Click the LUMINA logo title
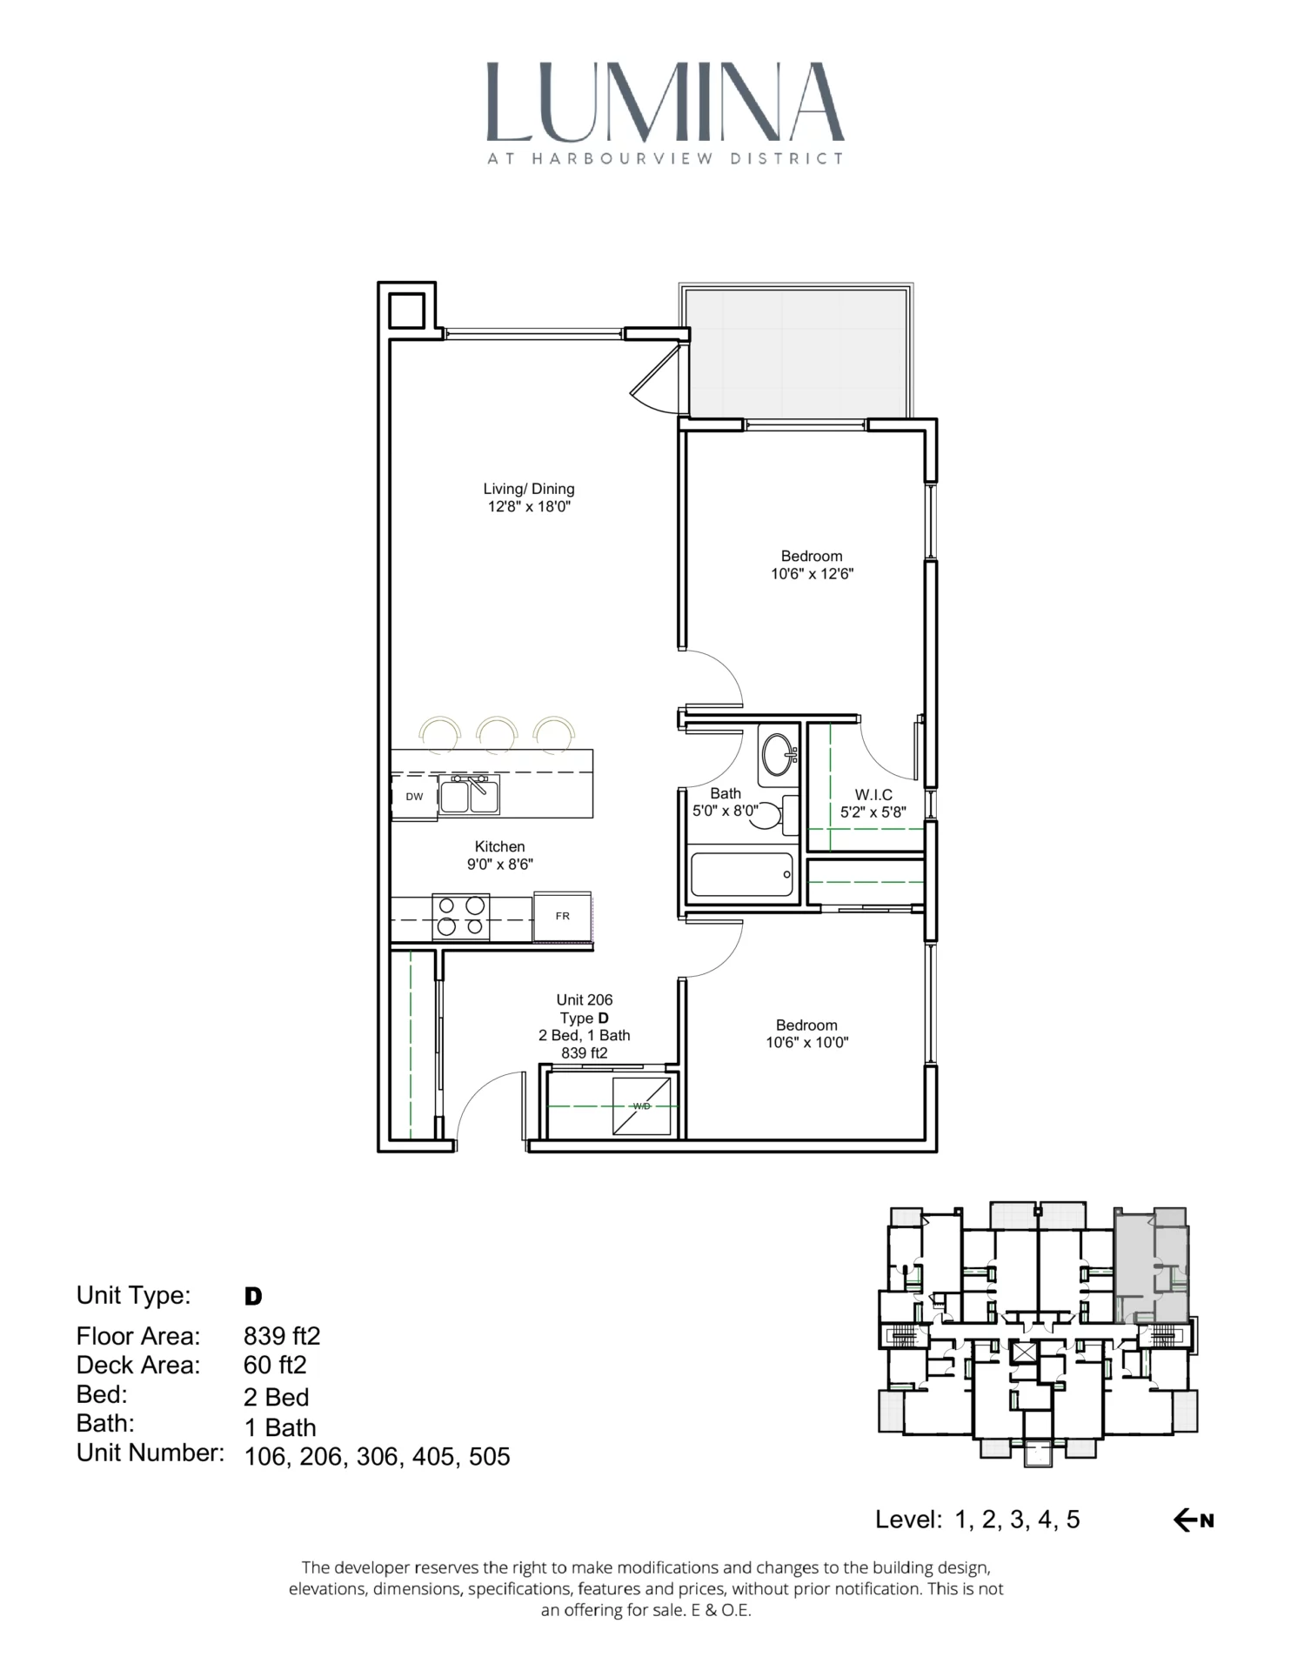pyautogui.click(x=665, y=103)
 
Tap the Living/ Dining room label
pyautogui.click(x=529, y=489)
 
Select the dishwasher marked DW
pyautogui.click(x=414, y=797)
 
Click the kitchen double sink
pyautogui.click(x=469, y=796)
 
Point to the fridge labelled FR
pyautogui.click(x=563, y=916)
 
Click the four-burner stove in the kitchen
pyautogui.click(x=461, y=916)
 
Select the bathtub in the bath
pyautogui.click(x=742, y=874)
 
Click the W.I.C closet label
pyautogui.click(x=873, y=794)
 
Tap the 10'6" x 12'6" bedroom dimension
pyautogui.click(x=812, y=574)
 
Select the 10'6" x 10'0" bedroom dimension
pyautogui.click(x=806, y=1043)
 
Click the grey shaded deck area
pyautogui.click(x=796, y=352)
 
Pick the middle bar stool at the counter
pyautogui.click(x=498, y=732)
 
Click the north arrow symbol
pyautogui.click(x=1194, y=1520)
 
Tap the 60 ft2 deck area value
pyautogui.click(x=275, y=1365)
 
